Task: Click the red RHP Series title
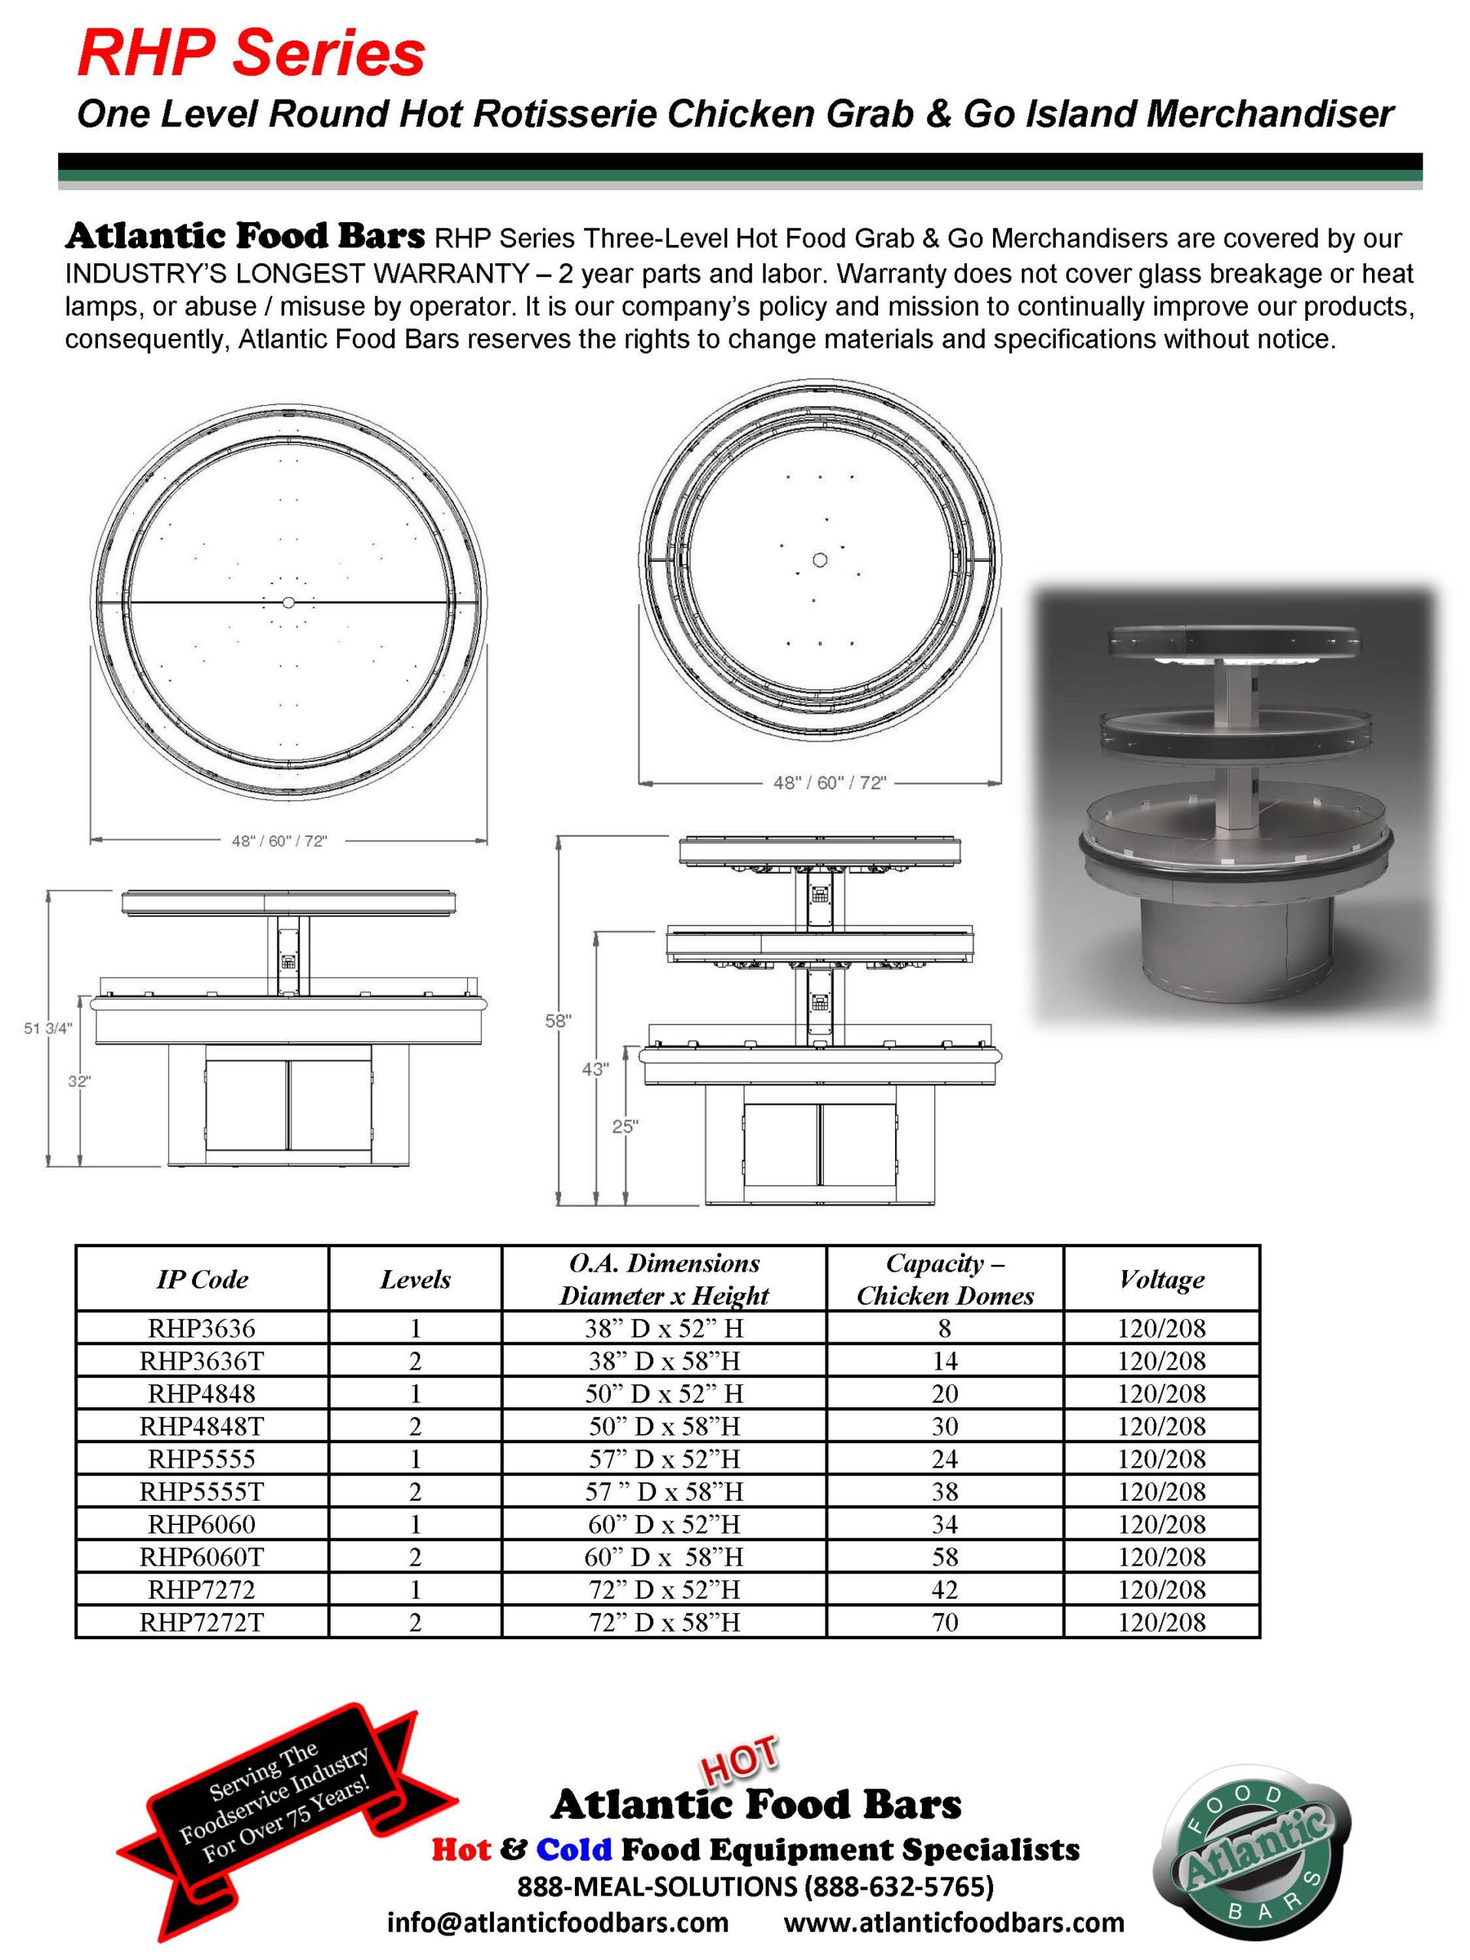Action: (251, 53)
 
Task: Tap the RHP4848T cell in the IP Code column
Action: (201, 1426)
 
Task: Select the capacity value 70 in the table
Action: (944, 1622)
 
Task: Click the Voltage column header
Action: (1161, 1279)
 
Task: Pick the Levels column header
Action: (415, 1279)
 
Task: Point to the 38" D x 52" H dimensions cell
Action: (664, 1328)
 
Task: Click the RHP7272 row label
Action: (201, 1589)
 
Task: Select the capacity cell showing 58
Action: (944, 1557)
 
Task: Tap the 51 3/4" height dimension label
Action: (47, 1027)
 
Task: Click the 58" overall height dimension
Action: (557, 1021)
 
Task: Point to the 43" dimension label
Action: (595, 1070)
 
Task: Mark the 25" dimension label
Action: (625, 1126)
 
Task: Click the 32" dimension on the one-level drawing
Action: (79, 1081)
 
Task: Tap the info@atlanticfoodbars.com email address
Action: (557, 1922)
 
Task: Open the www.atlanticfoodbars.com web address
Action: (953, 1922)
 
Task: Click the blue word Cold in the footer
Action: (573, 1849)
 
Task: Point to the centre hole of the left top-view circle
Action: (288, 603)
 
